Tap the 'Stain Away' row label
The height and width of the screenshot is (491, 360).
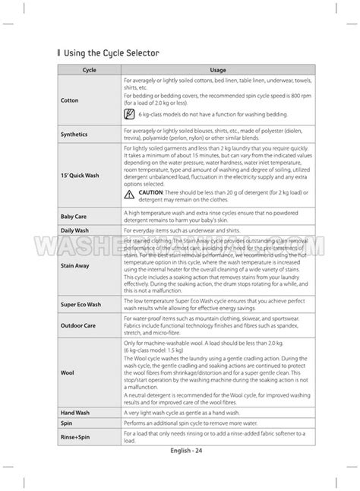[x=74, y=266]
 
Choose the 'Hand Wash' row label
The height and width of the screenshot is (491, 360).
[x=74, y=412]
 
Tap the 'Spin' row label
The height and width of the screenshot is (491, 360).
[x=66, y=423]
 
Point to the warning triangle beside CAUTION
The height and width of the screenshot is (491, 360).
[x=131, y=193]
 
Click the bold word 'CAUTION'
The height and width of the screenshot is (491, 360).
[x=152, y=193]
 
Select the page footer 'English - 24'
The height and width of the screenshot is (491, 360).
[x=181, y=470]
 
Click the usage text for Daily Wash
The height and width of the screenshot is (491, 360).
[x=186, y=230]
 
